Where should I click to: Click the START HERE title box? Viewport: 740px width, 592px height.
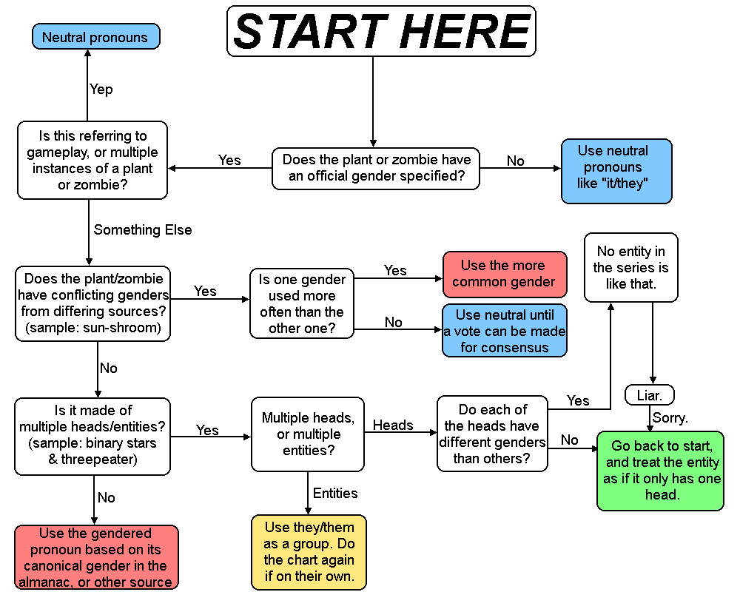pos(381,31)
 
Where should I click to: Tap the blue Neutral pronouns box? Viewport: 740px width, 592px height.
pos(95,37)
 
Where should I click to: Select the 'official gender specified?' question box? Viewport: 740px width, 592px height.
pos(377,168)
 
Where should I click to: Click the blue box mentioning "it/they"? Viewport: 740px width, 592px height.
pos(616,171)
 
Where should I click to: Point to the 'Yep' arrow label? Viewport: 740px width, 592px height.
pos(101,89)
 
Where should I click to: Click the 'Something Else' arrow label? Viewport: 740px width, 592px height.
pos(142,229)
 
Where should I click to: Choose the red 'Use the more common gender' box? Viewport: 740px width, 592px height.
pos(504,274)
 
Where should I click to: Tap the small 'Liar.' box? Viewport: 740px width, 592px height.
pos(650,395)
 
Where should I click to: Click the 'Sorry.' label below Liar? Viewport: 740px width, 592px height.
pos(670,417)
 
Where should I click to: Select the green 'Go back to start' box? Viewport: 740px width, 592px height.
pos(660,471)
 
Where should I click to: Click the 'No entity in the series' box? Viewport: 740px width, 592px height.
pos(630,267)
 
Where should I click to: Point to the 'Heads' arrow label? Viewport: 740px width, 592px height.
pos(393,425)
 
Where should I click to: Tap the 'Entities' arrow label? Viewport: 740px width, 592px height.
pos(335,493)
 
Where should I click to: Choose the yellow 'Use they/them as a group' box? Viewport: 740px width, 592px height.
pos(309,552)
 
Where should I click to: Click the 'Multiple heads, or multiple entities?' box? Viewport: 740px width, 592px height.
pos(307,434)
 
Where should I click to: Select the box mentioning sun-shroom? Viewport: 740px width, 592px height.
pos(92,303)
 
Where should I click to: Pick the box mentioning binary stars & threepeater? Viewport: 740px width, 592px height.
pos(92,436)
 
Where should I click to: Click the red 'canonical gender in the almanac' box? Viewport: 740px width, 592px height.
pos(96,557)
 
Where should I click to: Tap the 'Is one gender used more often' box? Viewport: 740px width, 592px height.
pos(301,304)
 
